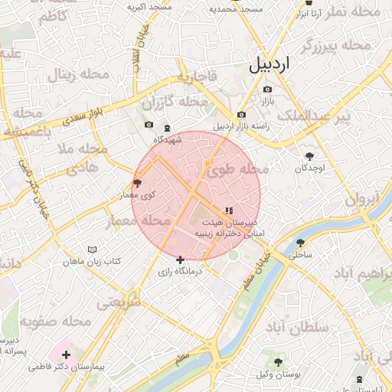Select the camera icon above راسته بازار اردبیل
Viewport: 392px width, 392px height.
[241, 115]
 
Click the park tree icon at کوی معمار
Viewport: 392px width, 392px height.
[137, 182]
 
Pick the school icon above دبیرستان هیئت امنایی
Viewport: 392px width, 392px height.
[228, 209]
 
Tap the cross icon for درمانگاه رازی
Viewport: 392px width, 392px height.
[181, 260]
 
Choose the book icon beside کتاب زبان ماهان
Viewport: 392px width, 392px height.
[93, 250]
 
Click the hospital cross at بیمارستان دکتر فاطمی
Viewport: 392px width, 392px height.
[67, 354]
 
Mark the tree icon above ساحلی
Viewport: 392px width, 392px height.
[299, 243]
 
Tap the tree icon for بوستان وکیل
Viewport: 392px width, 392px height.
[277, 361]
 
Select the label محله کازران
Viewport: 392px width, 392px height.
[175, 101]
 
